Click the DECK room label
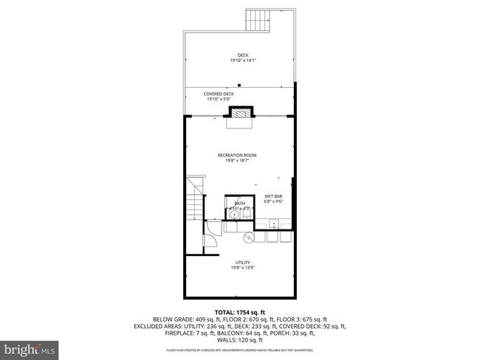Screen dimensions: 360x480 coord(239,55)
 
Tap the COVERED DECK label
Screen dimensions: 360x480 coord(239,94)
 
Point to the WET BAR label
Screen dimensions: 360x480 coord(274,195)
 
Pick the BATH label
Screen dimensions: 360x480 coord(239,203)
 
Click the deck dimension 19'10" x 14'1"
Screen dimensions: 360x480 coord(239,61)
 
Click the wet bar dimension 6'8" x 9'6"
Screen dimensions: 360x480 coord(274,201)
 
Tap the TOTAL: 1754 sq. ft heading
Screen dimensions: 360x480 coord(239,313)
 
